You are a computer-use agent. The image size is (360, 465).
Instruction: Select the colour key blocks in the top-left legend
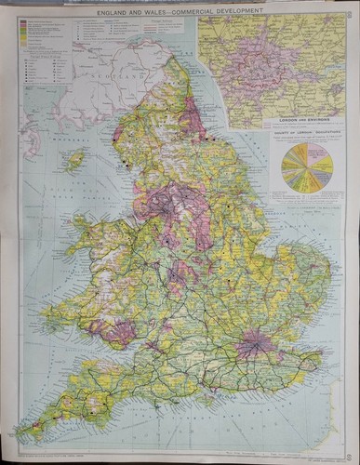coord(22,33)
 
